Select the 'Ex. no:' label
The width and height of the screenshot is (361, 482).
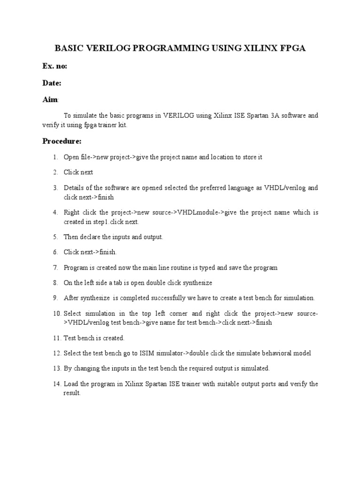[x=55, y=66]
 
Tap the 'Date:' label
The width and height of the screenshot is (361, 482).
[x=52, y=83]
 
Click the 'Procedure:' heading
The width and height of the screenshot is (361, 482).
[x=62, y=141]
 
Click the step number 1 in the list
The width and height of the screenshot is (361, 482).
[x=55, y=157]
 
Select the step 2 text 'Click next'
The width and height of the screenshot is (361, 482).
[x=78, y=172]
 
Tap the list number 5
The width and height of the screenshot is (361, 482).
[x=55, y=237]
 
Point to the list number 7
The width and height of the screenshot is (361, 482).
[x=55, y=268]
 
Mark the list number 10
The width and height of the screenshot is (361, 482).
[x=57, y=313]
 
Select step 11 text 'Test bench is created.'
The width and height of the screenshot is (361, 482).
[x=94, y=338]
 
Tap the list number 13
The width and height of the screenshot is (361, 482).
[x=57, y=369]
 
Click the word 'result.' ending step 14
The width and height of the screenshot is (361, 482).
[x=72, y=393]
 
